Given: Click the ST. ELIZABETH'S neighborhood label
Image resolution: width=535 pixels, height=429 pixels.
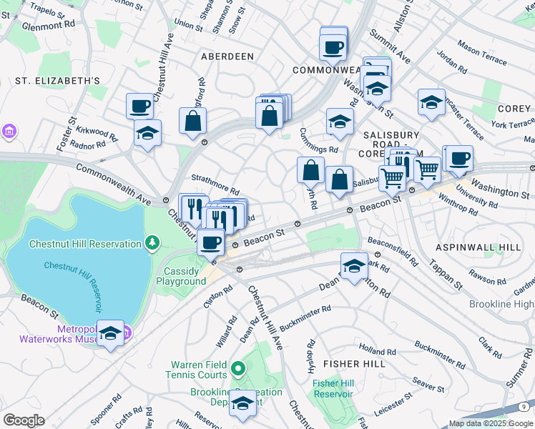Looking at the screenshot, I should pos(57,81).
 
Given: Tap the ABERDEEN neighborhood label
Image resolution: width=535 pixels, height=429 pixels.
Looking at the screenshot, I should pos(227,56).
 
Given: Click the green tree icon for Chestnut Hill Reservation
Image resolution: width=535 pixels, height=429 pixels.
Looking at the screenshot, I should pos(152,244).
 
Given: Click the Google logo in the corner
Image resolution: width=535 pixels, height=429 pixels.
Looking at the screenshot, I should pos(24,420).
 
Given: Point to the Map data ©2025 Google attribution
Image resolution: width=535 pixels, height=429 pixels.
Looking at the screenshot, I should pos(490,423).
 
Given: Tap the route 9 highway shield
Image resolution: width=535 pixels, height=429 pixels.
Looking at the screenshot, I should pos(524,407).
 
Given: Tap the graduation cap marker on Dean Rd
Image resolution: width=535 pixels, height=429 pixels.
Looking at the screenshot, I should pos(353,266).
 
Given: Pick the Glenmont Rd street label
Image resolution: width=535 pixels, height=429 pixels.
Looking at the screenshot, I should pos(49,24).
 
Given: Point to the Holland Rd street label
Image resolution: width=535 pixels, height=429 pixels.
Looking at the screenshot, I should pos(373,351).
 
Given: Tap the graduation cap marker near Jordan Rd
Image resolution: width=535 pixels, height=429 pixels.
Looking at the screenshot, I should pos(431,102).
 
